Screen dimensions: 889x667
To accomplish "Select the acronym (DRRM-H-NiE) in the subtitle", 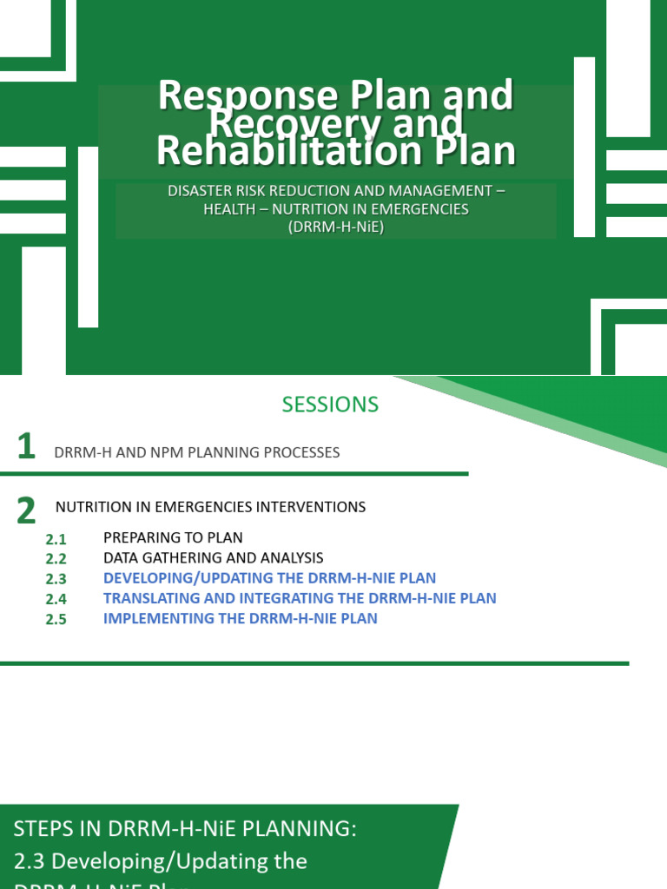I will tap(335, 227).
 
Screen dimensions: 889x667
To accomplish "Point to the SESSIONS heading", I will tap(330, 405).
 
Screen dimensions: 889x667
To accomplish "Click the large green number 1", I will tap(26, 448).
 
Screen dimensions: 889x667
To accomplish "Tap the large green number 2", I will tap(26, 511).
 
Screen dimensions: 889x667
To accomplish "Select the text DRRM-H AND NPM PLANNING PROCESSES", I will tap(196, 452).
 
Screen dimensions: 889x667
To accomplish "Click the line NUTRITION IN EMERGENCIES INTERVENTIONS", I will tap(210, 507).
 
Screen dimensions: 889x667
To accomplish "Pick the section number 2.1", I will tap(56, 540).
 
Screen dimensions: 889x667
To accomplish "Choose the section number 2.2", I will tap(56, 560).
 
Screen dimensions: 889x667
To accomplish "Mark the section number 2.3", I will tap(56, 580).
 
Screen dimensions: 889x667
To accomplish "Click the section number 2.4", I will tap(56, 600).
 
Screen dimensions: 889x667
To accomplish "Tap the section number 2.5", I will tap(56, 620).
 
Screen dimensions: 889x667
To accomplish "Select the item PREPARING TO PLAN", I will tap(173, 538).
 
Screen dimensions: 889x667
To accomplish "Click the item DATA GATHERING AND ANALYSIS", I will tap(213, 558).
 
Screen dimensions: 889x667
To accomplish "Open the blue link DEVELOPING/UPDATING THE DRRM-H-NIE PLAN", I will tap(269, 578).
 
